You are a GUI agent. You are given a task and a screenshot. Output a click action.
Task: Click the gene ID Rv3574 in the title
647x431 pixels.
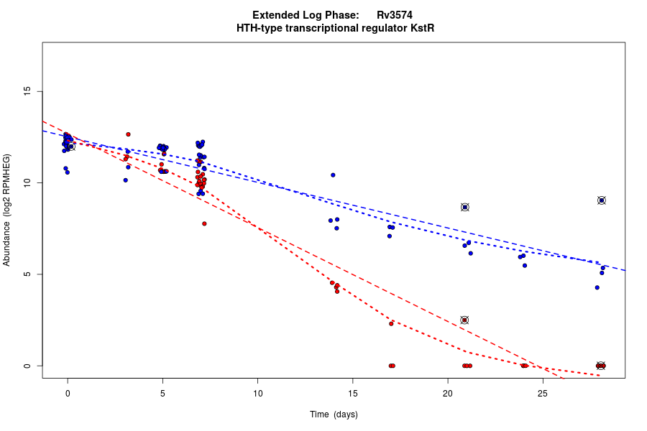[x=394, y=15]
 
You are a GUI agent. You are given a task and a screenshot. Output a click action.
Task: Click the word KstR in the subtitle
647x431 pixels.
[x=421, y=28]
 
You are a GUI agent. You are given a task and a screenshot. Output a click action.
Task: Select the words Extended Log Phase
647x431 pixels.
[x=306, y=15]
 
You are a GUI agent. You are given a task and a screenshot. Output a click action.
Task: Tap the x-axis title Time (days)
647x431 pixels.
[x=334, y=414]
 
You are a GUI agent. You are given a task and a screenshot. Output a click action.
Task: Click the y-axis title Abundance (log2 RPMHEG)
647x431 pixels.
[x=7, y=210]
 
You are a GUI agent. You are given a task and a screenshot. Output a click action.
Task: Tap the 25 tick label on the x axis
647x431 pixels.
[x=543, y=393]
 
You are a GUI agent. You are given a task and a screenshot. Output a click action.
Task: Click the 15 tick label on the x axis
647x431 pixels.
[x=353, y=393]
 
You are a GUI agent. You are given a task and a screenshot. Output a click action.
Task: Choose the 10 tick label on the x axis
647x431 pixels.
[x=257, y=393]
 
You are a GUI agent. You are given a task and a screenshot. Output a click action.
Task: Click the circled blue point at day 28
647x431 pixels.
[x=602, y=200]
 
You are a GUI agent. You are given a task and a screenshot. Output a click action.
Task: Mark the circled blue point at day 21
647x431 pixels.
[x=465, y=207]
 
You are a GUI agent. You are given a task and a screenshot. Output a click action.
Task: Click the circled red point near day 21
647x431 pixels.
[x=464, y=320]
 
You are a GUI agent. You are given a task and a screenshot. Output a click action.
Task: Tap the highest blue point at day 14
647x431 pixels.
[x=333, y=175]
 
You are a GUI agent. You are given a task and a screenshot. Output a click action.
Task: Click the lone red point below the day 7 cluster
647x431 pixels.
[x=204, y=223]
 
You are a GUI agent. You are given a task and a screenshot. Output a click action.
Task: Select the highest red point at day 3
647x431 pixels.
[x=128, y=134]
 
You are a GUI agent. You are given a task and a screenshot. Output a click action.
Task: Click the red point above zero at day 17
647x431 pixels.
[x=391, y=324]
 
